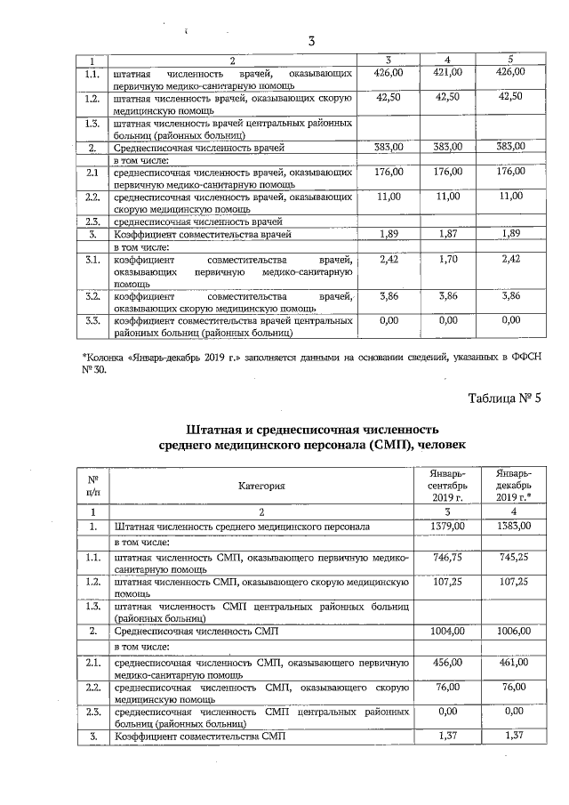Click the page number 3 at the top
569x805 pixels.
[311, 41]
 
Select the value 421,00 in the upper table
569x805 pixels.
[449, 72]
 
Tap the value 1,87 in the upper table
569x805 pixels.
[449, 233]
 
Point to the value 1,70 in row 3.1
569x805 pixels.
[449, 259]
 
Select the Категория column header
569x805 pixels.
[261, 486]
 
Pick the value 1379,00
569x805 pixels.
[449, 527]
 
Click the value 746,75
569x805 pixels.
[449, 557]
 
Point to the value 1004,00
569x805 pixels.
[449, 631]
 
